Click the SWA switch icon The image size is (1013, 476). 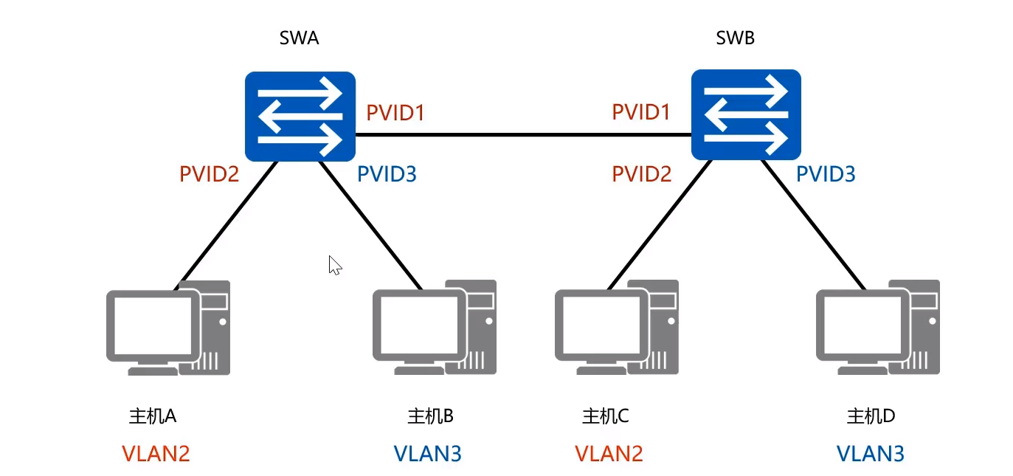(x=300, y=116)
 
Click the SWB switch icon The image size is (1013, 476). (x=746, y=114)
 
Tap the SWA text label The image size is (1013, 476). (x=299, y=38)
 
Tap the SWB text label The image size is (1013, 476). (x=736, y=38)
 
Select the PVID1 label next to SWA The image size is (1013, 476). (x=395, y=114)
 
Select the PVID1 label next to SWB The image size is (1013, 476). (x=641, y=112)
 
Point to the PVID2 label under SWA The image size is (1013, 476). (x=209, y=174)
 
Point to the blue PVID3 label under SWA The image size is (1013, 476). (x=387, y=174)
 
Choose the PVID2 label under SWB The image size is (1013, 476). (x=642, y=174)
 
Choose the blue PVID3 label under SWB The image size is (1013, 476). (x=826, y=174)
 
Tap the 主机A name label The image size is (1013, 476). (x=153, y=416)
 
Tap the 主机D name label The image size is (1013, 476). (x=871, y=416)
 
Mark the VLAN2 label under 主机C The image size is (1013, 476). (x=609, y=453)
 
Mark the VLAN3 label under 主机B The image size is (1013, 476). (x=427, y=453)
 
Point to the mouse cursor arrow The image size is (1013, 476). (x=334, y=265)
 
